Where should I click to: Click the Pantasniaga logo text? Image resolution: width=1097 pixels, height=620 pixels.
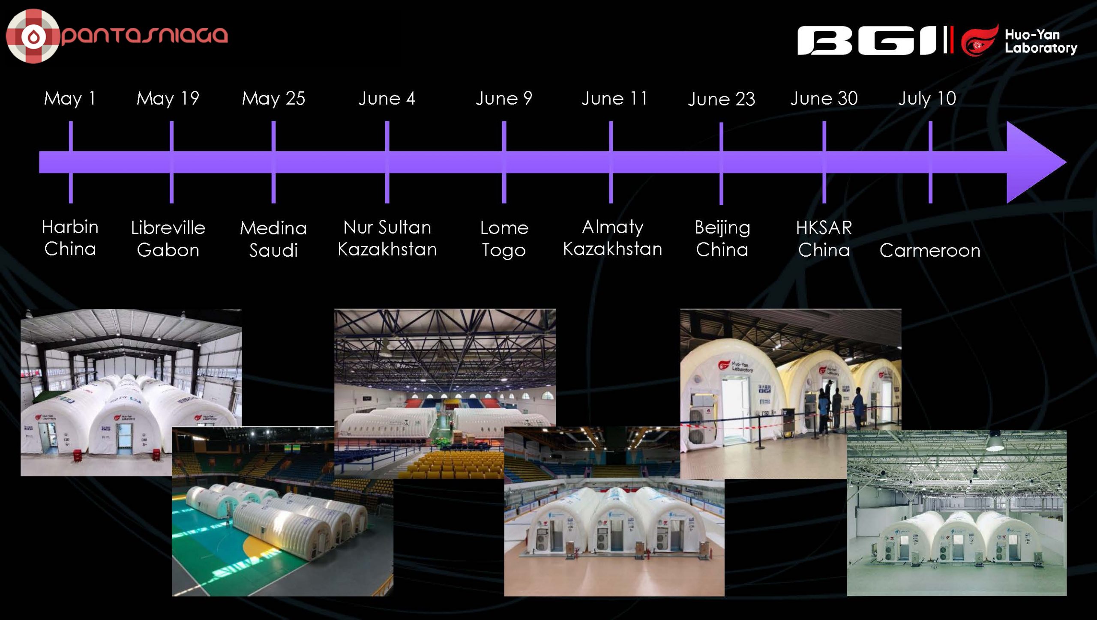tap(145, 35)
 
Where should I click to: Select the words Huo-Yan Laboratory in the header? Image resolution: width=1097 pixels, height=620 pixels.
tap(1041, 41)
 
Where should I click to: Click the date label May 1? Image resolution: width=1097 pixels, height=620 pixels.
tap(70, 99)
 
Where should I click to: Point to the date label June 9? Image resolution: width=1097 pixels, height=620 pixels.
tap(504, 99)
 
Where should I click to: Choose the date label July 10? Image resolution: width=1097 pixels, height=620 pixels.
tap(927, 99)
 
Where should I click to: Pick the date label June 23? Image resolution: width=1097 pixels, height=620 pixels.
tap(721, 99)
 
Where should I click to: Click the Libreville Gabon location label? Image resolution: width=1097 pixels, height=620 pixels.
tap(168, 239)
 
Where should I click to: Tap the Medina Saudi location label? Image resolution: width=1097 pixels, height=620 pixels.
tap(273, 239)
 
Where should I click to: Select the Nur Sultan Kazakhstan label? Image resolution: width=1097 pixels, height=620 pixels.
tap(387, 238)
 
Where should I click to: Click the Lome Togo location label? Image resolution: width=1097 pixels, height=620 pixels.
tap(504, 239)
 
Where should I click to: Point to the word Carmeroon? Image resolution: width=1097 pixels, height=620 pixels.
tap(930, 250)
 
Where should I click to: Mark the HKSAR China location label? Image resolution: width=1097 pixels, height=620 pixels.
tap(824, 239)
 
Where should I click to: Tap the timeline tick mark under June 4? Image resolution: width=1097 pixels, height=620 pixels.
tap(387, 162)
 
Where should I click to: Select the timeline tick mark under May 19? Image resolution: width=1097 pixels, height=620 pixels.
tap(171, 162)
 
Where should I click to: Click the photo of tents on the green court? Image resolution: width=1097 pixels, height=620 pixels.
tap(283, 511)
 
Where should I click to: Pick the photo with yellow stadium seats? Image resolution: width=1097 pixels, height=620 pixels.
tap(445, 393)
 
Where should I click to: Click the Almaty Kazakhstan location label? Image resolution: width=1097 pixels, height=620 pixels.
tap(612, 238)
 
